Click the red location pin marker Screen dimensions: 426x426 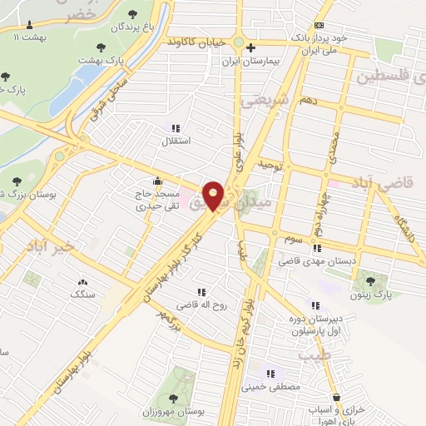pyautogui.click(x=214, y=196)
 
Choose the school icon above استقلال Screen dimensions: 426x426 pyautogui.click(x=175, y=128)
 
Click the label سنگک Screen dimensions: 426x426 pyautogui.click(x=83, y=295)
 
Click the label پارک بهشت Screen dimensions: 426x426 pyautogui.click(x=101, y=60)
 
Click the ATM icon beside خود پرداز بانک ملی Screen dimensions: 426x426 pyautogui.click(x=319, y=25)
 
